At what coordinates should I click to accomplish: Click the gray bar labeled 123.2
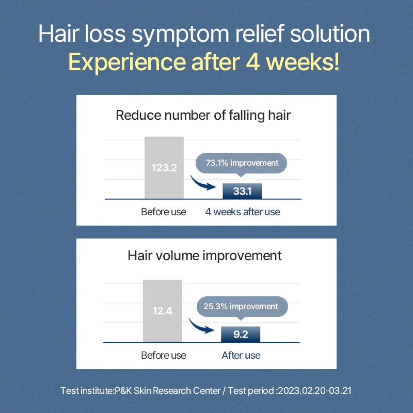[164, 168]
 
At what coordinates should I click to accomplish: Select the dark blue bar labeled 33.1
[242, 191]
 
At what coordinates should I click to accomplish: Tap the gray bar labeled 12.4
[163, 311]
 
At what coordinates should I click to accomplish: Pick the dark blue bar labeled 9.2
[241, 335]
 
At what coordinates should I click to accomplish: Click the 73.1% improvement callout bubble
[241, 163]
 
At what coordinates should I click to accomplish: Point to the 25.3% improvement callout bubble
[242, 307]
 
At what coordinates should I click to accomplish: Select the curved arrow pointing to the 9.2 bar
[200, 327]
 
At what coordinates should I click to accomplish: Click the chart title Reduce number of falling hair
[203, 115]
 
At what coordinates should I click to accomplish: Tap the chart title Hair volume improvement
[204, 256]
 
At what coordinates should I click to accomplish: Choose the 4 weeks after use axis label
[243, 212]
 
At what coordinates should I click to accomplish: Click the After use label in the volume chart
[241, 355]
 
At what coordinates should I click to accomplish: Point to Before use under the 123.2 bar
[164, 212]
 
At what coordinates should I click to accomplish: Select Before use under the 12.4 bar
[164, 355]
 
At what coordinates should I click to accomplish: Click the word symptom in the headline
[180, 35]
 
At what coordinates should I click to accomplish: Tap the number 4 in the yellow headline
[253, 62]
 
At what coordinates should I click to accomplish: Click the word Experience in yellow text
[127, 63]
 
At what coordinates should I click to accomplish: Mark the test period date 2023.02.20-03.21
[315, 391]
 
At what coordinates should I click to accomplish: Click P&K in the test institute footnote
[123, 391]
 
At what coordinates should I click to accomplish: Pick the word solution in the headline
[330, 34]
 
